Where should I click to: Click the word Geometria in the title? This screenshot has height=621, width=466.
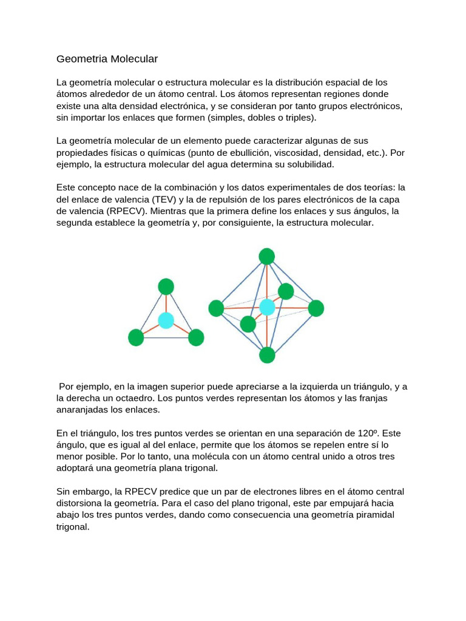(x=78, y=59)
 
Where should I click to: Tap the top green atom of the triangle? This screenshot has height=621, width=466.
(x=166, y=286)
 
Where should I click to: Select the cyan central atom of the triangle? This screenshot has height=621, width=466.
(x=166, y=320)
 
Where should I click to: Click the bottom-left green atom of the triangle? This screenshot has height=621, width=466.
(x=137, y=338)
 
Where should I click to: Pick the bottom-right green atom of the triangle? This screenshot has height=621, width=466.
(x=196, y=338)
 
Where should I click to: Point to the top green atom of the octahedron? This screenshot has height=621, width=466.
(x=267, y=257)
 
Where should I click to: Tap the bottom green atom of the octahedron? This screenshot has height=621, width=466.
(x=267, y=355)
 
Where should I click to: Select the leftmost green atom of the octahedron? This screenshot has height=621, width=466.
(x=217, y=308)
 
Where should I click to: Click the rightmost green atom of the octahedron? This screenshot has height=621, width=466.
(x=316, y=308)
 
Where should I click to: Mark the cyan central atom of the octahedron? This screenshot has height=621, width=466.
(x=268, y=307)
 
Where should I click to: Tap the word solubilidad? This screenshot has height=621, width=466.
(x=308, y=164)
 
